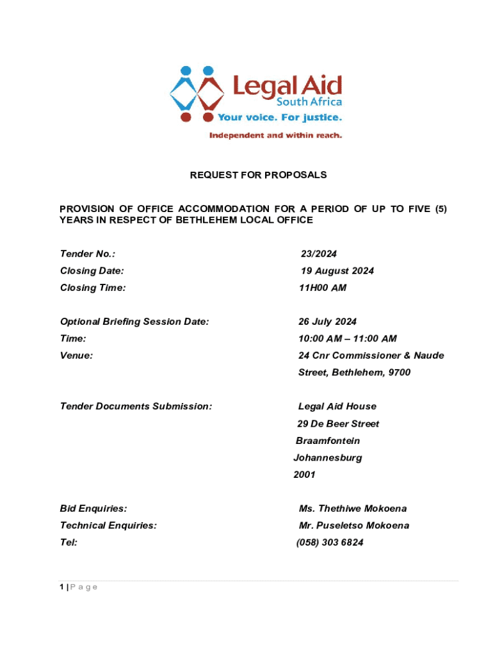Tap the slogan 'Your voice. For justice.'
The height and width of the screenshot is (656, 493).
pyautogui.click(x=280, y=118)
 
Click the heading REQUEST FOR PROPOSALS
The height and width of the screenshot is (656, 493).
pyautogui.click(x=259, y=174)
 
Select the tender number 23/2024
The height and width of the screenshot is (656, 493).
pyautogui.click(x=319, y=254)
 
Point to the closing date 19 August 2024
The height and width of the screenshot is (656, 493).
pyautogui.click(x=337, y=271)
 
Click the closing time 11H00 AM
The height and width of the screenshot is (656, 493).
pyautogui.click(x=323, y=288)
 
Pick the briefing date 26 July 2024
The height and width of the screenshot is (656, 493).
pyautogui.click(x=327, y=322)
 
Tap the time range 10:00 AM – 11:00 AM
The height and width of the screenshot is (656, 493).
pyautogui.click(x=347, y=339)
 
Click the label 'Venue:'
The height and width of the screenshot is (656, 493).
pyautogui.click(x=76, y=356)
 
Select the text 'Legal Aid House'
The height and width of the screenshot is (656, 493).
pyautogui.click(x=337, y=407)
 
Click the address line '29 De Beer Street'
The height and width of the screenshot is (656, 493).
pyautogui.click(x=337, y=424)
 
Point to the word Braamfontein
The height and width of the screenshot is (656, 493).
pyautogui.click(x=327, y=441)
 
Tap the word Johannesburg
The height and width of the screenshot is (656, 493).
pyautogui.click(x=327, y=458)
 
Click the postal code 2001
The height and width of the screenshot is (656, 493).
pyautogui.click(x=304, y=475)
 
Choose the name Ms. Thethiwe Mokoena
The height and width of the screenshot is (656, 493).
pyautogui.click(x=352, y=509)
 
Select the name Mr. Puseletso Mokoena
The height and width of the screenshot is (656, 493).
pyautogui.click(x=354, y=526)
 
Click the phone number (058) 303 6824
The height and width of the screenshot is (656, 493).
pyautogui.click(x=329, y=543)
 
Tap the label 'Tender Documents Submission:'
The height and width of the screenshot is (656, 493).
pyautogui.click(x=136, y=407)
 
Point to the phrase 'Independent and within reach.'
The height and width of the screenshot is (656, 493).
pyautogui.click(x=276, y=136)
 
